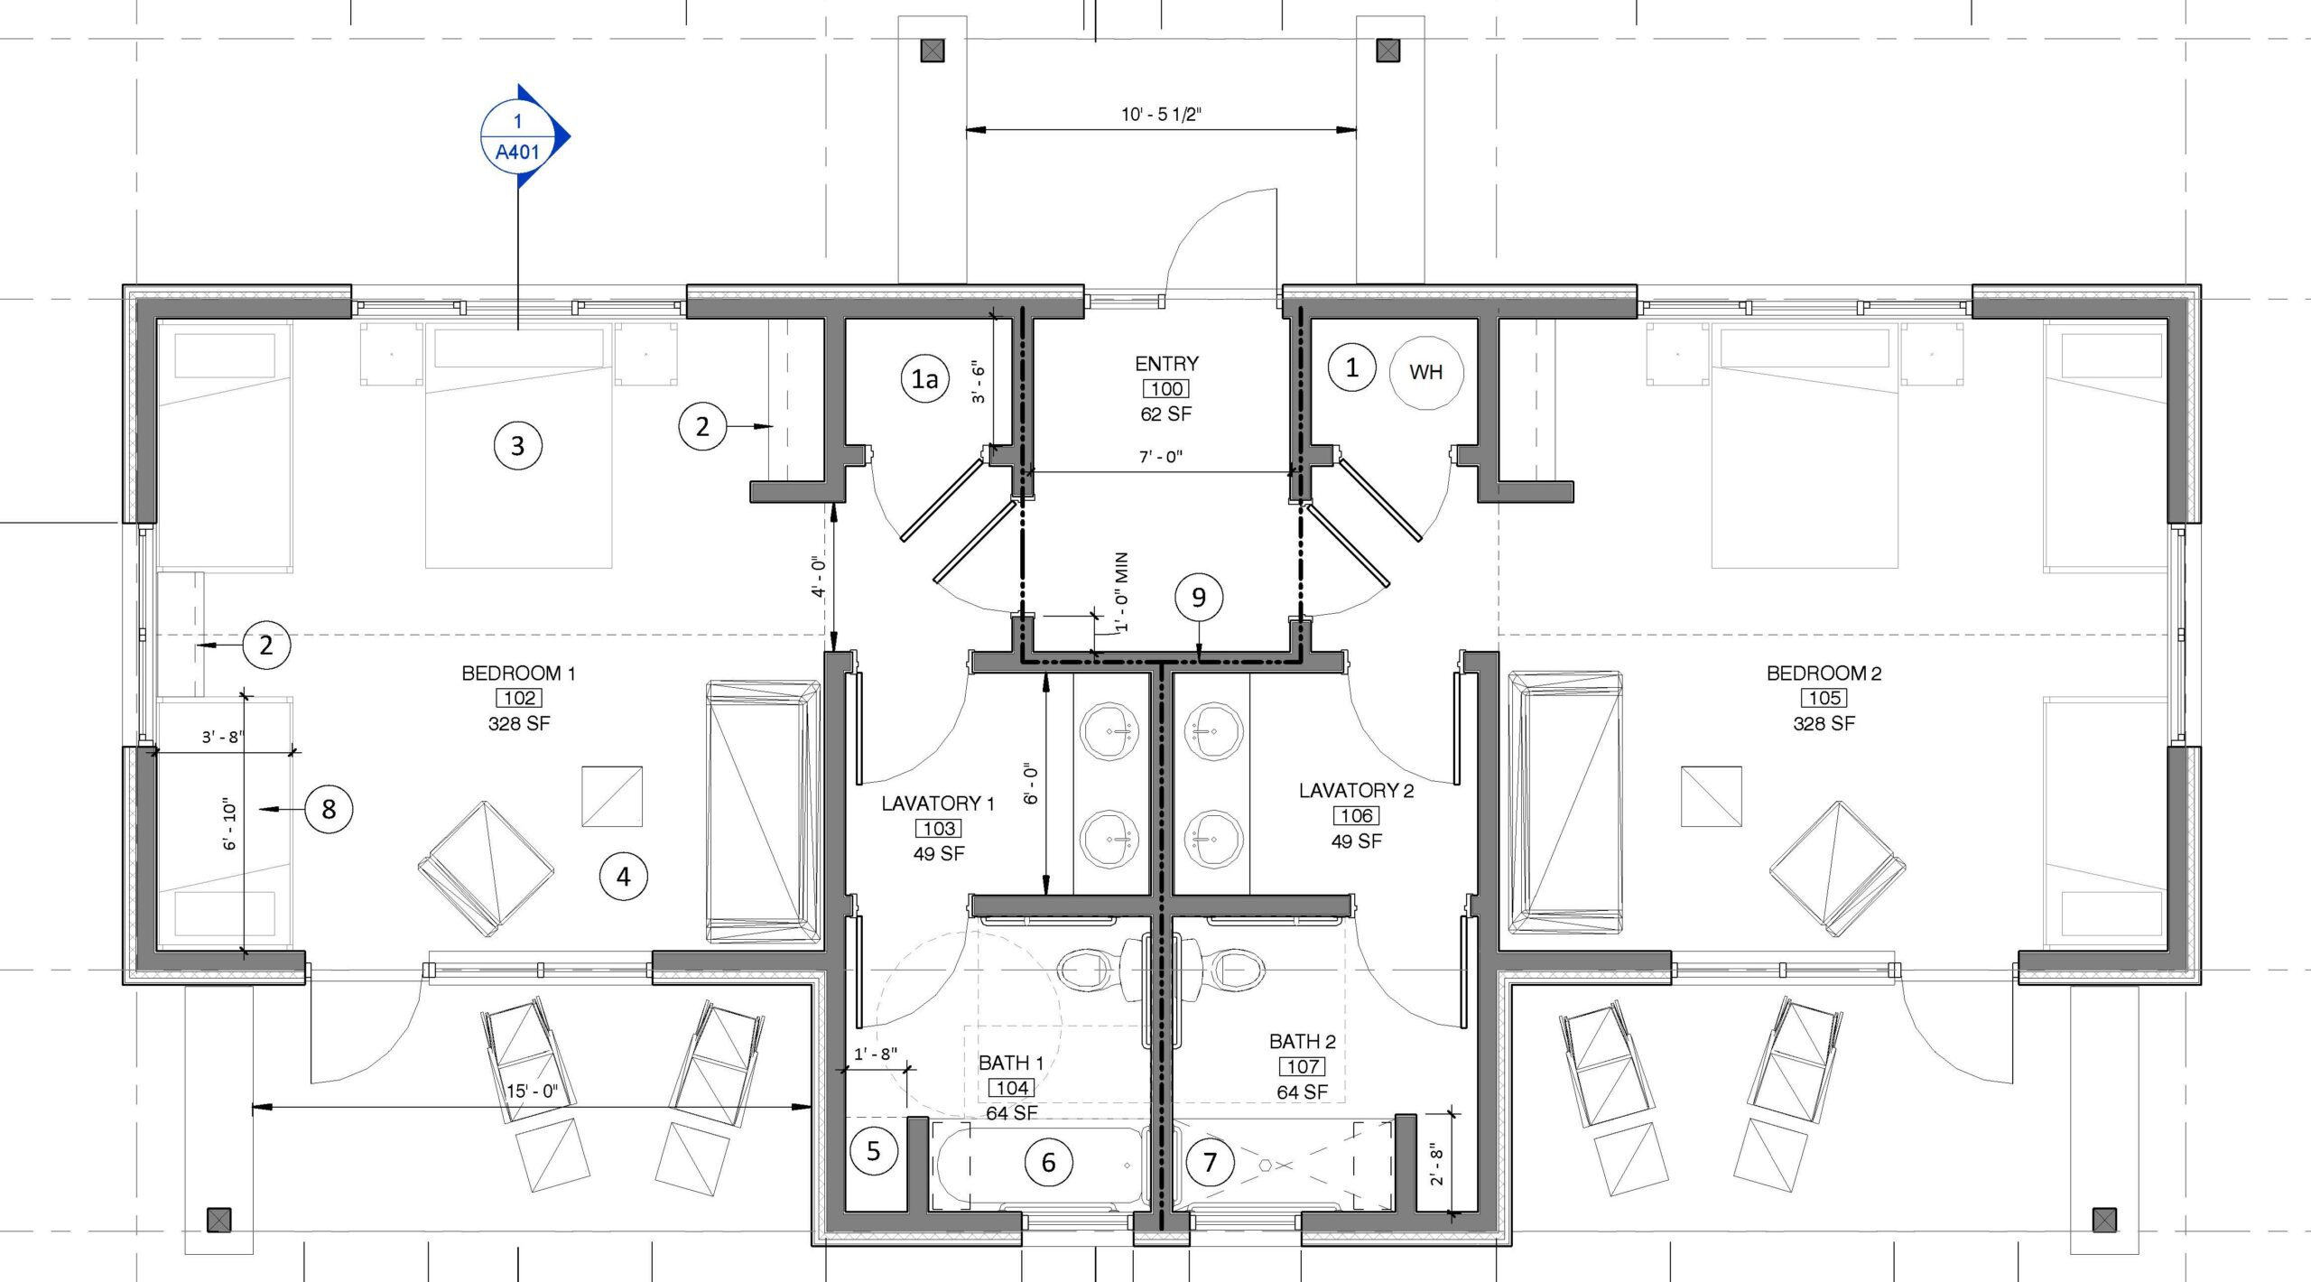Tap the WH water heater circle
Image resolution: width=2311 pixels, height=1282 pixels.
[1425, 372]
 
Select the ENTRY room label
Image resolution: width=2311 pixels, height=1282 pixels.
[1166, 364]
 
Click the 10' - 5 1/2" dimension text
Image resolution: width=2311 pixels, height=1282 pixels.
[1161, 115]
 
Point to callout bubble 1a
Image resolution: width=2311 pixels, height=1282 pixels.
[924, 379]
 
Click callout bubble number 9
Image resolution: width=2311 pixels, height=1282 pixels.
[1199, 598]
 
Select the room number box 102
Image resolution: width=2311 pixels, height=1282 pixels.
[519, 698]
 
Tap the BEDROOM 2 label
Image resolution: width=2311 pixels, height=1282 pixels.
[1824, 674]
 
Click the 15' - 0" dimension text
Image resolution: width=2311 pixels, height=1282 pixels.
[532, 1092]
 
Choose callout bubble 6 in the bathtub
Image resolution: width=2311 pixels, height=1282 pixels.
[1048, 1162]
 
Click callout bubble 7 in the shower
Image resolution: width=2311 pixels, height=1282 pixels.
[1210, 1162]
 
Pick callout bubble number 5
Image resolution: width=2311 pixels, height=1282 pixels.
[873, 1151]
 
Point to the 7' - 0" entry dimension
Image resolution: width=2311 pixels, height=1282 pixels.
[1160, 458]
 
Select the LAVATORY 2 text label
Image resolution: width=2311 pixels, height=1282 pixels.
[1356, 791]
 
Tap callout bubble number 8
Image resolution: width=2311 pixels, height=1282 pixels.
[329, 809]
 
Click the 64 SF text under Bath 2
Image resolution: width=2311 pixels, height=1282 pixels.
[1302, 1092]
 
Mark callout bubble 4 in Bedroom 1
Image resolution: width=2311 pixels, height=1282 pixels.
[623, 876]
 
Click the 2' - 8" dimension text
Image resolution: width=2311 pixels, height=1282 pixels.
[1437, 1166]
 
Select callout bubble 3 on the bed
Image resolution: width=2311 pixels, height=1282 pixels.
[517, 445]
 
